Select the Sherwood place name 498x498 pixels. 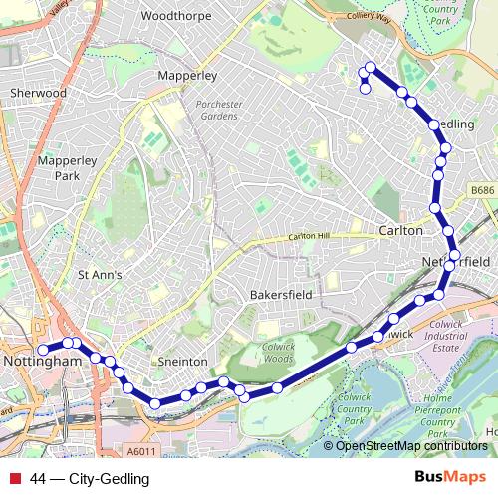[x=37, y=93]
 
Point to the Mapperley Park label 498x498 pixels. [x=57, y=167]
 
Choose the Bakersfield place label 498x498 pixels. [x=281, y=295]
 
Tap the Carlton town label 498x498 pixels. [x=400, y=230]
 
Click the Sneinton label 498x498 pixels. [x=182, y=362]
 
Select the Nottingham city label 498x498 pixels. [x=40, y=361]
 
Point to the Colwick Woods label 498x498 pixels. [x=268, y=352]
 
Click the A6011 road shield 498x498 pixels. [x=143, y=451]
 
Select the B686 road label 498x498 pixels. [x=482, y=188]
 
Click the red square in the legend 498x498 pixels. [x=15, y=479]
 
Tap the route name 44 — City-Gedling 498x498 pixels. [x=90, y=479]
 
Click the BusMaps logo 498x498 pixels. [x=450, y=478]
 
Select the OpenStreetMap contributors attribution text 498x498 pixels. [x=411, y=445]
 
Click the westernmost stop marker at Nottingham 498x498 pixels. [x=43, y=350]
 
